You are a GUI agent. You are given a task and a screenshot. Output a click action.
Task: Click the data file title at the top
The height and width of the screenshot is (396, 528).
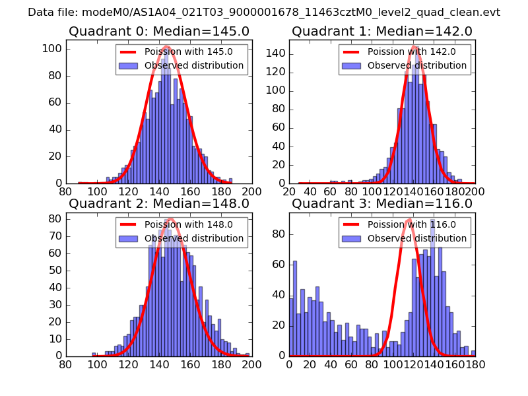coord(264,13)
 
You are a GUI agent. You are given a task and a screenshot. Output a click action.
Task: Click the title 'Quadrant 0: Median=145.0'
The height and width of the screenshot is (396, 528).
coord(159,31)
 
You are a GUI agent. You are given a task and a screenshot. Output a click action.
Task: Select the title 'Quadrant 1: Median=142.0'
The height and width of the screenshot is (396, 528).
coord(382,31)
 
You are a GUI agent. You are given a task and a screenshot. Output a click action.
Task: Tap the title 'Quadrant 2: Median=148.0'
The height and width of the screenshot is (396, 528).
coord(159,203)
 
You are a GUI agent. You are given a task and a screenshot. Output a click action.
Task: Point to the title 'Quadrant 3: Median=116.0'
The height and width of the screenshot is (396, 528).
coord(382,203)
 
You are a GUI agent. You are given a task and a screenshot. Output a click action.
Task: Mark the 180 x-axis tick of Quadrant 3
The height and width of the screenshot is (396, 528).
coord(474,364)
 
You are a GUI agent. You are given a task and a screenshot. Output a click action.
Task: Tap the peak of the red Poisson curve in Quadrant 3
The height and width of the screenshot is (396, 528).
coord(409,219)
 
